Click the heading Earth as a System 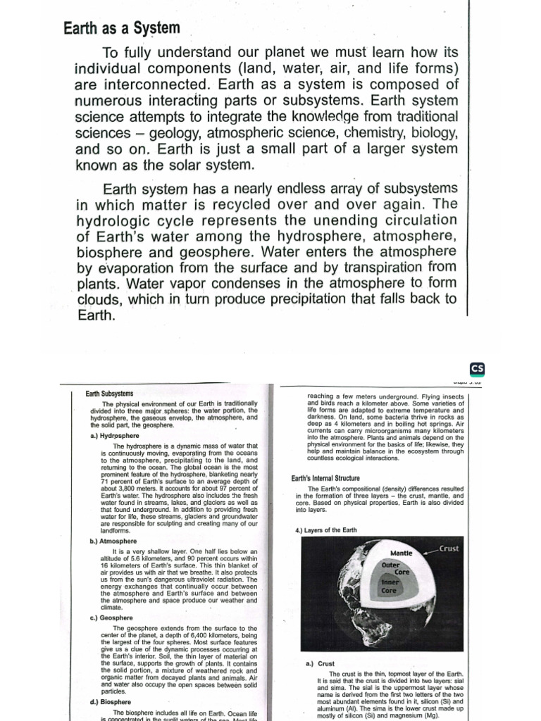[122, 28]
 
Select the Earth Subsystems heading [109, 394]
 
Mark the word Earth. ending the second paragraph [94, 315]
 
